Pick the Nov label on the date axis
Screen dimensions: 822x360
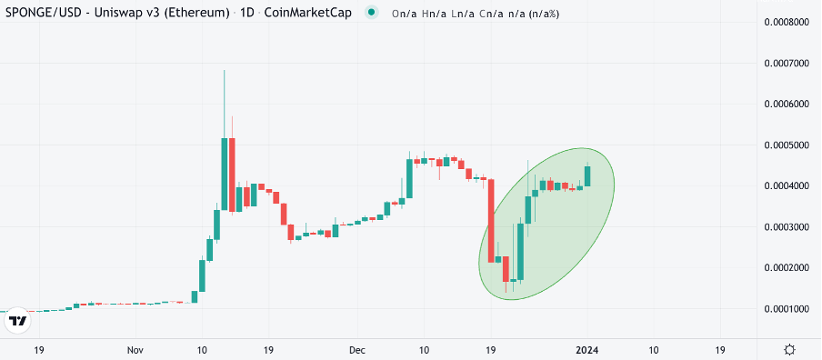click(135, 349)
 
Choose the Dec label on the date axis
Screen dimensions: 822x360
click(357, 349)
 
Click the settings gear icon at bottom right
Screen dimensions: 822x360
click(790, 349)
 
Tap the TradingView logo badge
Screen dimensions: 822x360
click(18, 321)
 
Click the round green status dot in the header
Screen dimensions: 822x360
click(372, 13)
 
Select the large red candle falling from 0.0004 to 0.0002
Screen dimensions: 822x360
click(491, 221)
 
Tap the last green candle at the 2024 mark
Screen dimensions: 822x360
click(587, 175)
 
